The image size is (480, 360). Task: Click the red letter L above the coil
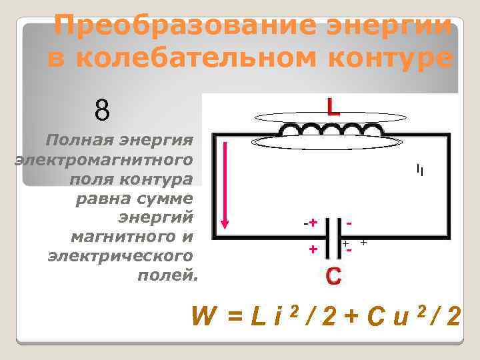coord(333,107)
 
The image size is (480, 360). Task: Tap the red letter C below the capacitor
coord(333,276)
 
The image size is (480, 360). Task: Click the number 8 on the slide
coord(102,110)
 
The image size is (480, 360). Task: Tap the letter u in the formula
coord(401,318)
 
